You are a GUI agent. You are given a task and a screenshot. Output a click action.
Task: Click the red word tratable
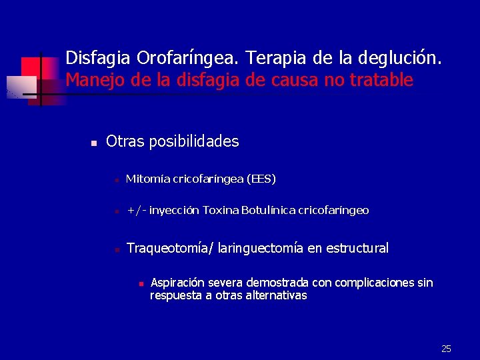click(383, 81)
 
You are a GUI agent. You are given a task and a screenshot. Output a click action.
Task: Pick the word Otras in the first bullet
click(125, 141)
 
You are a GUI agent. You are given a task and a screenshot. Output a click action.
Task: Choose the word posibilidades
click(194, 141)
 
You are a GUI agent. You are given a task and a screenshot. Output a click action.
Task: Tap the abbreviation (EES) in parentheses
click(261, 179)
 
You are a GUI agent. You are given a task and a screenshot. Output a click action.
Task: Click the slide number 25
click(446, 349)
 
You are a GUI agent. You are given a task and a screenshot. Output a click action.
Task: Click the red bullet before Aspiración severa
click(141, 284)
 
